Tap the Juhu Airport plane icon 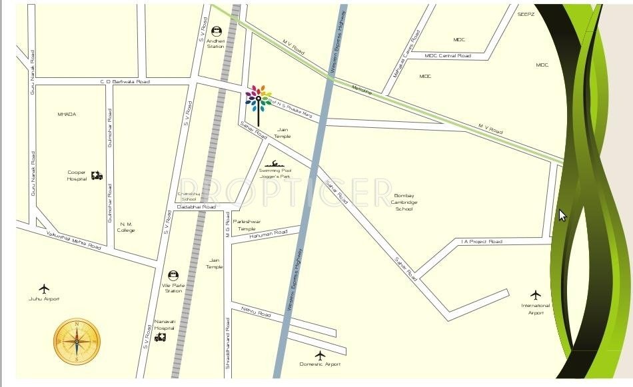(x=44, y=289)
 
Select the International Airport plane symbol (x=536, y=294)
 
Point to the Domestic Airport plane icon (x=320, y=355)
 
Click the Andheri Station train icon (x=217, y=31)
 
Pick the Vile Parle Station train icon (x=173, y=275)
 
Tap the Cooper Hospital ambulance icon (x=97, y=176)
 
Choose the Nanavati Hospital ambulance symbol (x=160, y=337)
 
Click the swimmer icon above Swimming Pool (x=273, y=163)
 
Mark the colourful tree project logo (x=258, y=100)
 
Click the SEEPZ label (x=526, y=14)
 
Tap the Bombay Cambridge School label (x=404, y=202)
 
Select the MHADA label (x=67, y=115)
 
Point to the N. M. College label (x=126, y=227)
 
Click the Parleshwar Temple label (x=247, y=224)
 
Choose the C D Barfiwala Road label (x=125, y=81)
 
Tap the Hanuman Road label (x=269, y=233)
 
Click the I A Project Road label (x=481, y=241)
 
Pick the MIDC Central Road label (x=448, y=56)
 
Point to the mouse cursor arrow (x=562, y=214)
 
